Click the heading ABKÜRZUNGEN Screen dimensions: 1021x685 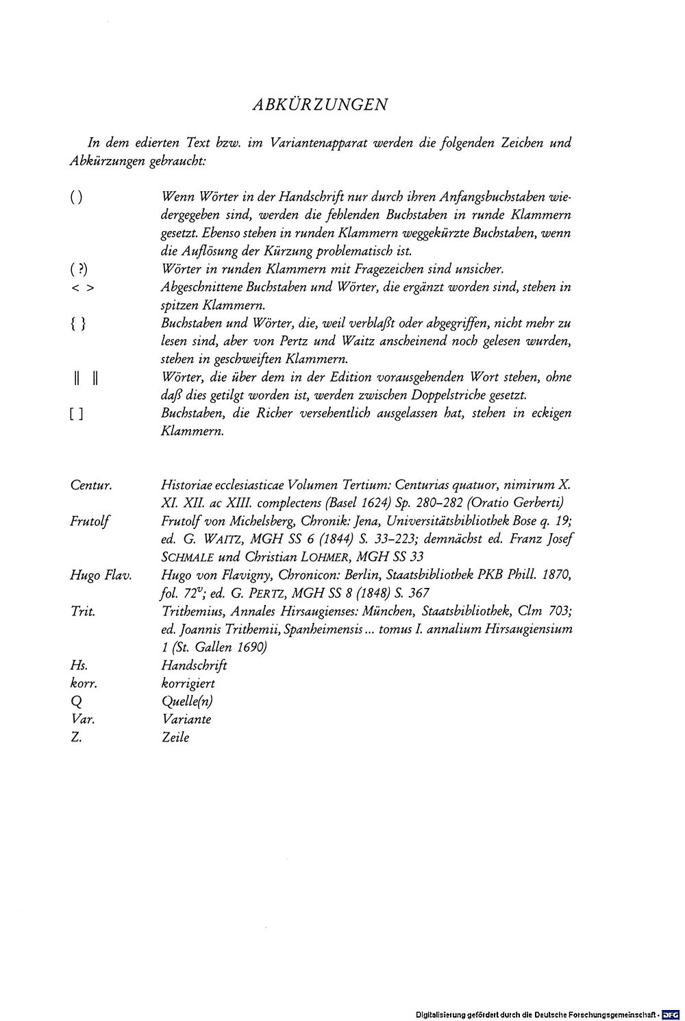tap(320, 105)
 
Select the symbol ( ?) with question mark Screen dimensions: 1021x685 tap(79, 269)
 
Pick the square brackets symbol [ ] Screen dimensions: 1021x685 tap(77, 414)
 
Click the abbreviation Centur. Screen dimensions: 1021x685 tap(91, 486)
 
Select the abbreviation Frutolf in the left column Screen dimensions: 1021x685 tap(90, 521)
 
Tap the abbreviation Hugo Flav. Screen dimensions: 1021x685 tap(100, 576)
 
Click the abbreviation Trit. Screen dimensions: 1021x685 tap(82, 611)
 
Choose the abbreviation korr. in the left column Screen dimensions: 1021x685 tap(84, 683)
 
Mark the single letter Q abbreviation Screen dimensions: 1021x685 tap(75, 702)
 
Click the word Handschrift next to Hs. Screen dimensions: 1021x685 tap(194, 665)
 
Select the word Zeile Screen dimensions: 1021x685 tap(175, 737)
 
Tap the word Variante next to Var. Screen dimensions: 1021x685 tap(186, 719)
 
